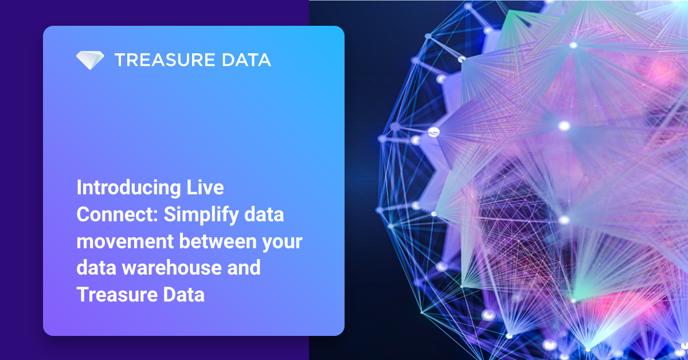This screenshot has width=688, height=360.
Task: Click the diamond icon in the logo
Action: pyautogui.click(x=90, y=60)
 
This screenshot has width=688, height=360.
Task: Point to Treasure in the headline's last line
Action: pyautogui.click(x=115, y=295)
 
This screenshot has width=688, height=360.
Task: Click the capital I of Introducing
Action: pyautogui.click(x=80, y=188)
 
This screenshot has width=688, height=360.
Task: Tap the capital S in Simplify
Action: pyautogui.click(x=169, y=215)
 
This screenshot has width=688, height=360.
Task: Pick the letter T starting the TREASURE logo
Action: pyautogui.click(x=119, y=60)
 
